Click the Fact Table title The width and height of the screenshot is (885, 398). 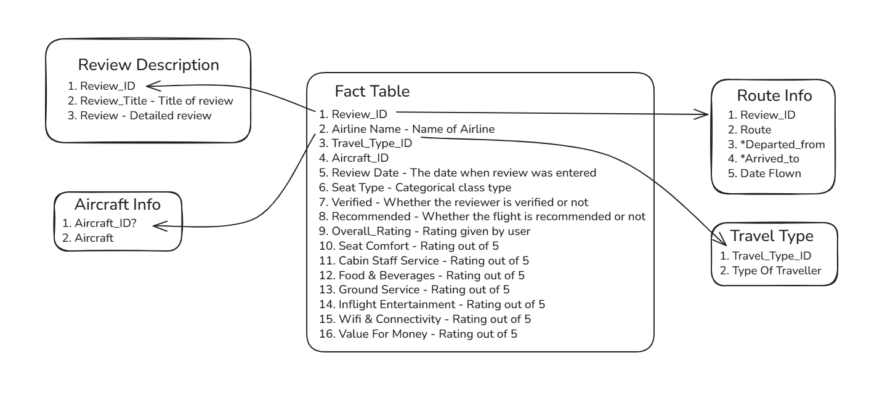pos(372,91)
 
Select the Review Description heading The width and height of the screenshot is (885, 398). pos(148,65)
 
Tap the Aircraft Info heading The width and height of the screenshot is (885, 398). pos(118,204)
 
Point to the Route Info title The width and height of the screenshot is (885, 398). pos(774,95)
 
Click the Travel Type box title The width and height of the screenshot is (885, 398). pos(772,236)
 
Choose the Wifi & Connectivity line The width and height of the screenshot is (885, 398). pos(425,319)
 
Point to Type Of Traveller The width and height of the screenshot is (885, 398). pos(770,271)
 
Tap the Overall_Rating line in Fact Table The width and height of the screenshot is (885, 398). pos(425,231)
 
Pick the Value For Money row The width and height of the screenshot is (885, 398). pos(418,333)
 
